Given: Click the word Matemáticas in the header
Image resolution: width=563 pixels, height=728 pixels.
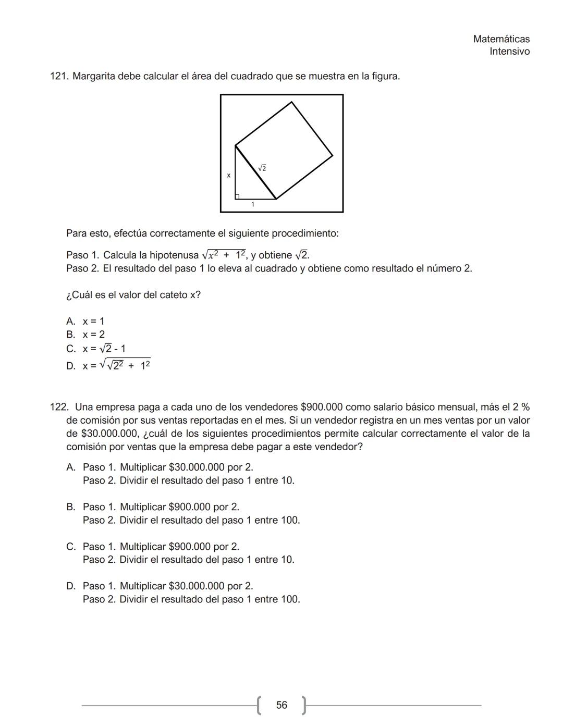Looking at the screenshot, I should (501, 39).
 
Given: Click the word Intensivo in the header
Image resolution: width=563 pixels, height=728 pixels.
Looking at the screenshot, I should (509, 52).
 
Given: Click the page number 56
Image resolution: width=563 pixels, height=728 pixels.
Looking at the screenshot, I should (281, 705).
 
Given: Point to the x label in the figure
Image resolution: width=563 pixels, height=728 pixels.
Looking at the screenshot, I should (228, 176).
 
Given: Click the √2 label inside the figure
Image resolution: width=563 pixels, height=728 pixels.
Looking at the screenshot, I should (262, 168).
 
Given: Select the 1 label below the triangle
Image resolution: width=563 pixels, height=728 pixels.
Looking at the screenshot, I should (253, 205).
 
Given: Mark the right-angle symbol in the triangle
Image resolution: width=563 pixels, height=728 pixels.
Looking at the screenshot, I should (238, 196).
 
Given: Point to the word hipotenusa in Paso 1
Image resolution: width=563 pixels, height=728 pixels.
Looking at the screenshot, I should (174, 255).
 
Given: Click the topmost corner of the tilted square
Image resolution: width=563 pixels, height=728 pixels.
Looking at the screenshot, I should (291, 102).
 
